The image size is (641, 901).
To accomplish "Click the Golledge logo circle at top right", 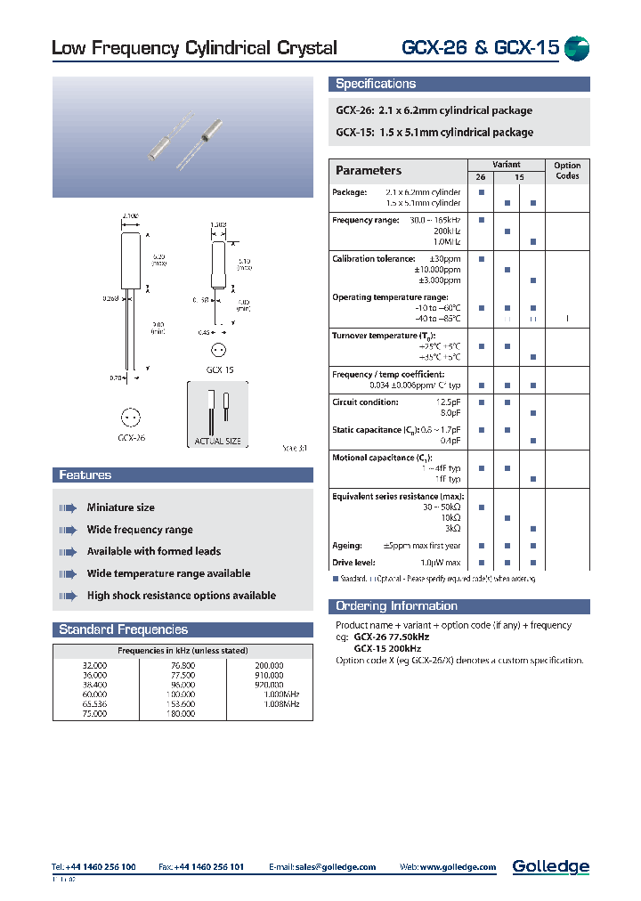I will point(577,48).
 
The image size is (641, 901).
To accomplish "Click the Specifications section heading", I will point(375,84).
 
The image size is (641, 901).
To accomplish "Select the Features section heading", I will point(85,475).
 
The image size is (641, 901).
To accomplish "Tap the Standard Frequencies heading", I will point(123,629).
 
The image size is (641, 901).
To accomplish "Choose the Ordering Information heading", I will point(396,606).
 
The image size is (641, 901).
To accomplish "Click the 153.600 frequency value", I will point(182,704).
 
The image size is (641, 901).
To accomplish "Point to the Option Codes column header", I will point(566,170).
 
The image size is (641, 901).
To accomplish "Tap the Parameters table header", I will point(369,171).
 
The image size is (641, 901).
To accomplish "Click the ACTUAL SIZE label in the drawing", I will point(218,442).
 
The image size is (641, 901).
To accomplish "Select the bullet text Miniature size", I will point(120,507).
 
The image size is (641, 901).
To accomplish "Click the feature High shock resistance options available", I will point(181,596).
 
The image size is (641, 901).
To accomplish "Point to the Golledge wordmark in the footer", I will point(550,866).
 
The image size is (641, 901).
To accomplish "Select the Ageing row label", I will point(347,546).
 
